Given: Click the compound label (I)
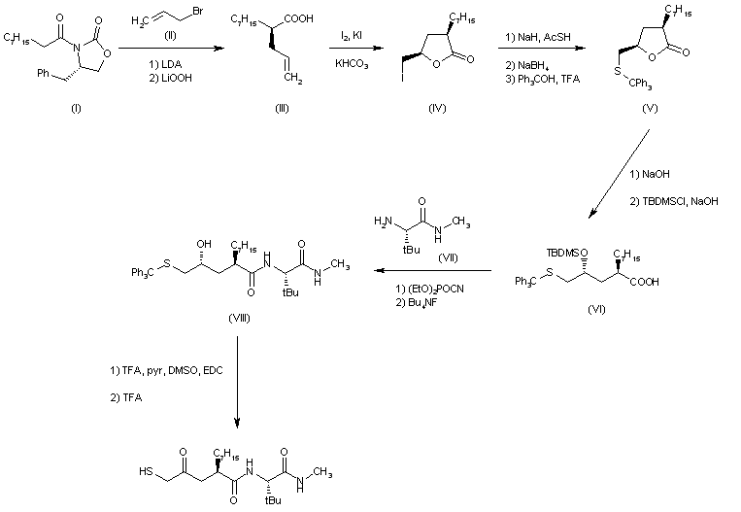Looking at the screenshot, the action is pyautogui.click(x=76, y=108).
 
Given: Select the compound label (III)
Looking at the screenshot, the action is pyautogui.click(x=283, y=108).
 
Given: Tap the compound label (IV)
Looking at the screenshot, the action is pyautogui.click(x=437, y=108).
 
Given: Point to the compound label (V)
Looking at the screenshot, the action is pyautogui.click(x=650, y=108).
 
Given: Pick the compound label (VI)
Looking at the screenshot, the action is pyautogui.click(x=596, y=309).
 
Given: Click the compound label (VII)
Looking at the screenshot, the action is pyautogui.click(x=448, y=258).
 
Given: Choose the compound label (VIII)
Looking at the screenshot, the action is pyautogui.click(x=239, y=318).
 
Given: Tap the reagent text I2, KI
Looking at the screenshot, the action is pyautogui.click(x=352, y=36).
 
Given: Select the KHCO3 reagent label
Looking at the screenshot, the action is pyautogui.click(x=352, y=64).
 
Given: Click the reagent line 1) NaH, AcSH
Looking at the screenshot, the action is pyautogui.click(x=538, y=37).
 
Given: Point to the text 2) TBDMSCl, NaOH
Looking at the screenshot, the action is pyautogui.click(x=674, y=201).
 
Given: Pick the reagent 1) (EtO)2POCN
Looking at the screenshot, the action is pyautogui.click(x=429, y=289).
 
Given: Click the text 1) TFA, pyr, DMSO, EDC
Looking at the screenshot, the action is pyautogui.click(x=166, y=371).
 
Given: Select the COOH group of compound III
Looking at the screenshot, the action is pyautogui.click(x=299, y=18).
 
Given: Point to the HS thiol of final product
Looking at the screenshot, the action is pyautogui.click(x=146, y=471).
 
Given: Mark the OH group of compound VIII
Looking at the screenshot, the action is pyautogui.click(x=204, y=244).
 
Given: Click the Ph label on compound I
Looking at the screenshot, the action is pyautogui.click(x=43, y=73).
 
